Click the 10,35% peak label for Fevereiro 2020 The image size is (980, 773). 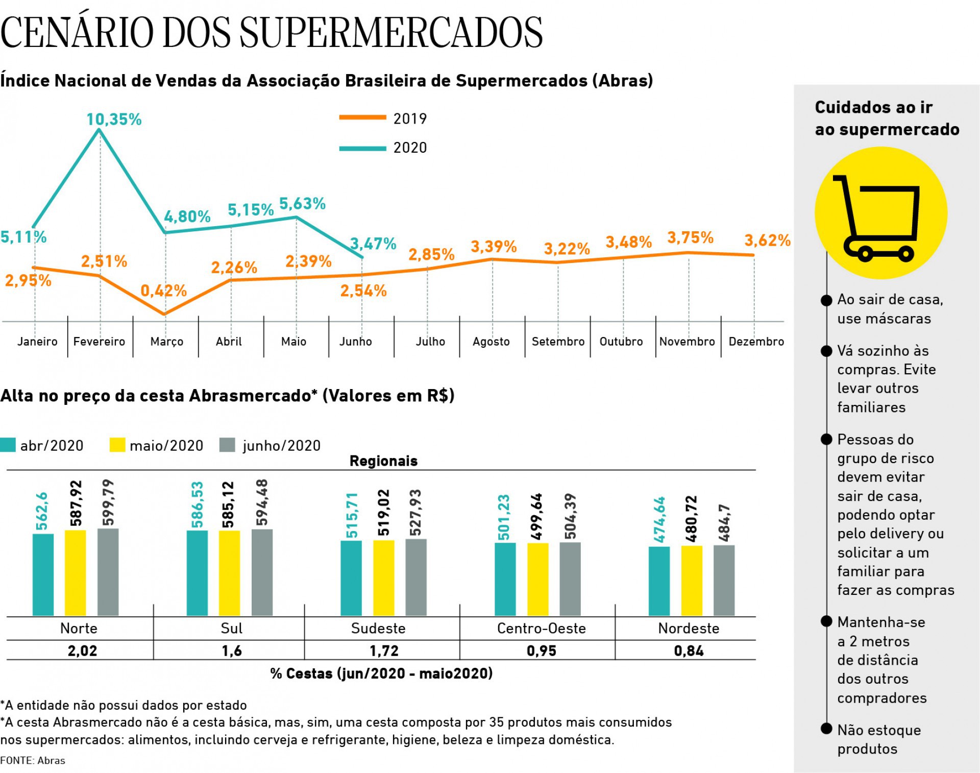pos(114,119)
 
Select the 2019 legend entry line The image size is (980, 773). pos(362,117)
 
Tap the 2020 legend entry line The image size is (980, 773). pos(362,149)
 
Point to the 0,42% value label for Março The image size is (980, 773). pos(163,291)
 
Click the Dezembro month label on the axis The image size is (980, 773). pos(756,342)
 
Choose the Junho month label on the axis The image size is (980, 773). pos(356,342)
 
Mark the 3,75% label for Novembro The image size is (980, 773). pos(690,237)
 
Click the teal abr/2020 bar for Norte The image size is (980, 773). pos(43,574)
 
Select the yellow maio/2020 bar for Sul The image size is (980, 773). pos(229,573)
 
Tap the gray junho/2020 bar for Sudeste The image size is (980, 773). pos(416,577)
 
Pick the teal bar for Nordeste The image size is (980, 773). pos(659,581)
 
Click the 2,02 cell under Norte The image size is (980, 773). pos(82,651)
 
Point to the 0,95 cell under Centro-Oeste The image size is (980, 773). pos(541,651)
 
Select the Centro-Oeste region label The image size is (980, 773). pos(541,629)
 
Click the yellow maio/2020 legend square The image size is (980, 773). pos(117,445)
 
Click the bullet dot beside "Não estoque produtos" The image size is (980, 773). pos(826,729)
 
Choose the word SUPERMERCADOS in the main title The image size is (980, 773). pos(391,32)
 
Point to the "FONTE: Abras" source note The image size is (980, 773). pos(33,761)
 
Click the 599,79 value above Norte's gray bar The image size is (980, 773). pos(108,502)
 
